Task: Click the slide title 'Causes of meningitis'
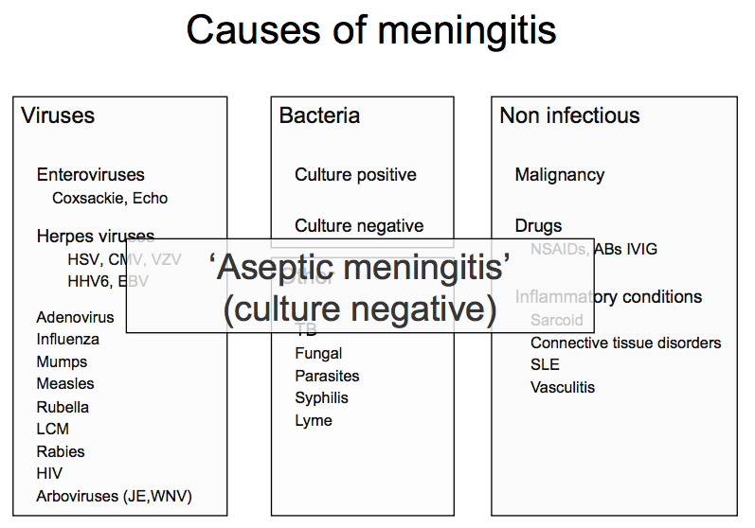[370, 30]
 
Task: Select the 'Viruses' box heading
[58, 116]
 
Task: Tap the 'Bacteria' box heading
[319, 116]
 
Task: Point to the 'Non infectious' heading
[569, 116]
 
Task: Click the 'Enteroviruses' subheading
[91, 175]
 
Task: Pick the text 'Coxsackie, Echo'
[110, 199]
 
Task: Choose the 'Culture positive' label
[355, 175]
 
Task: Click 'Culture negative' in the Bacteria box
[359, 226]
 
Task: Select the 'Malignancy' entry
[559, 175]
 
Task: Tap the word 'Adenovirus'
[75, 318]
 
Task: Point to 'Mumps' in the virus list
[62, 362]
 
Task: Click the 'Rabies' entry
[61, 452]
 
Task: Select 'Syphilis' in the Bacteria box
[321, 398]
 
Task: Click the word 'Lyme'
[314, 421]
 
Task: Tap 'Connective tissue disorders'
[625, 343]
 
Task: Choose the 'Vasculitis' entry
[563, 387]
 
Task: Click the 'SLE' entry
[545, 365]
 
